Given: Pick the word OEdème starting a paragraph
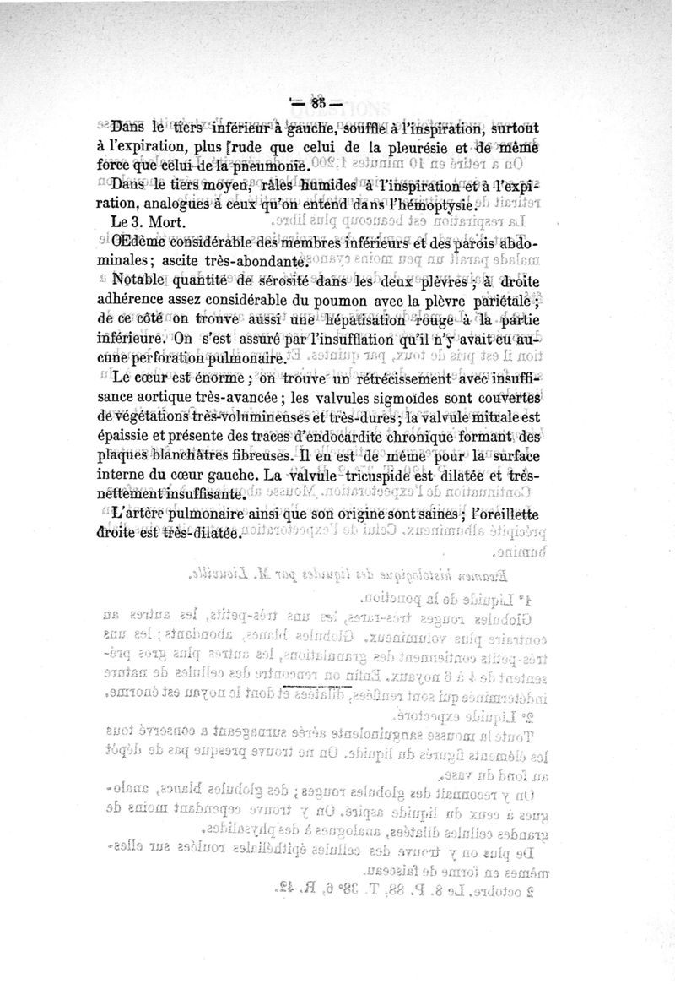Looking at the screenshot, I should coord(142,245).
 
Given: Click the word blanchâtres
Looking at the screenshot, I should coord(208,455).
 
